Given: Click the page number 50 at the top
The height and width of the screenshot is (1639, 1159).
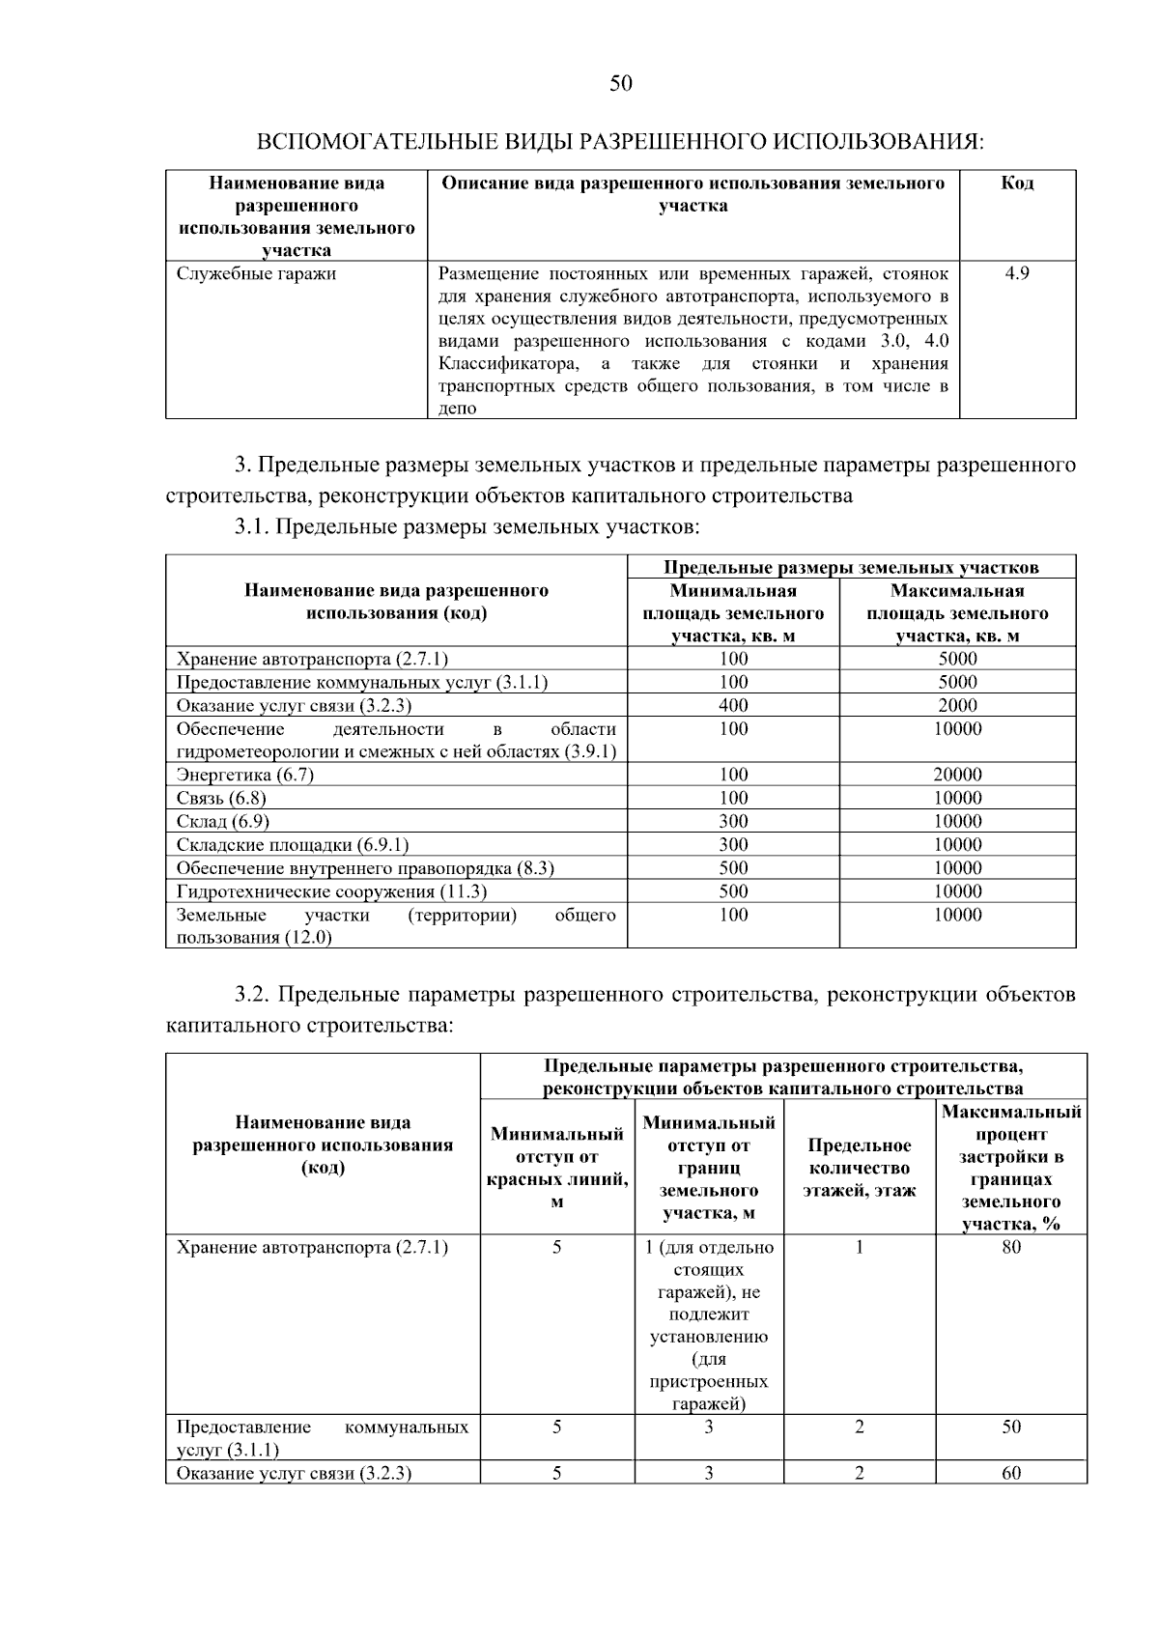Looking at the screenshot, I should click(620, 84).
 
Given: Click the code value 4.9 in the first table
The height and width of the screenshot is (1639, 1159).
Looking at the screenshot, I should click(1017, 273).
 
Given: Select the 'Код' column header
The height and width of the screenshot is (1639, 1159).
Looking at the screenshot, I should click(1017, 183).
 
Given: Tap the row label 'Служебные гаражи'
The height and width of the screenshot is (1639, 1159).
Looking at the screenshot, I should click(256, 273).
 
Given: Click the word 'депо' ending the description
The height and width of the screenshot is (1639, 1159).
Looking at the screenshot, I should click(458, 409).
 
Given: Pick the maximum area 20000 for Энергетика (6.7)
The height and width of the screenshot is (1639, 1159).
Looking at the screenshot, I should click(957, 775).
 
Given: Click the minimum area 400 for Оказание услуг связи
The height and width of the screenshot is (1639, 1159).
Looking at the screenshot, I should click(733, 705).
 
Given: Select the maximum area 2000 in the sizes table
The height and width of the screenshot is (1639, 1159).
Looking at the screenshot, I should click(957, 705).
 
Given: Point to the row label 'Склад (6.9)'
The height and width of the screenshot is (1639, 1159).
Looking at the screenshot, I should click(223, 821).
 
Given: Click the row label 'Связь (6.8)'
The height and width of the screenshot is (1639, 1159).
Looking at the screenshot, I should click(221, 798).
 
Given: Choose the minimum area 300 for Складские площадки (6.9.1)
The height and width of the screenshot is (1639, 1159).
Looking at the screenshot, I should click(733, 845).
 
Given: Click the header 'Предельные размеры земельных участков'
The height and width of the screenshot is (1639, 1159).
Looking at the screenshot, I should click(851, 567).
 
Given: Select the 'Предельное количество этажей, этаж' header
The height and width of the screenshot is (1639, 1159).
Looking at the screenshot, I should click(859, 1168).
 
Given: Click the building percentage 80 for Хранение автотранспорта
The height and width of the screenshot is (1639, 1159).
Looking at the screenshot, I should click(1010, 1247).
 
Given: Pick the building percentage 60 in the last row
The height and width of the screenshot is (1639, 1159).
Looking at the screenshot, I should click(1010, 1473).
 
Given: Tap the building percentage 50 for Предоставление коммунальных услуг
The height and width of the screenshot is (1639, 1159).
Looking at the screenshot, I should click(1010, 1427).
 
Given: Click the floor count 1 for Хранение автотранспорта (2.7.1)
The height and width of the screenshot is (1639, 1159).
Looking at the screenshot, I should click(859, 1247).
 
